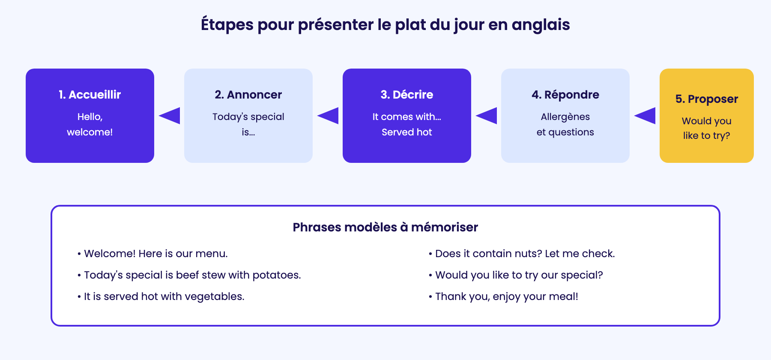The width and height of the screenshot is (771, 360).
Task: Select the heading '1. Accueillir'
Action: coord(90,95)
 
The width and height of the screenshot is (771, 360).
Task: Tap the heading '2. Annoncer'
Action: coord(248,95)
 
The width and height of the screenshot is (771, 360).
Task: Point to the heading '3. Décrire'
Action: coord(407,95)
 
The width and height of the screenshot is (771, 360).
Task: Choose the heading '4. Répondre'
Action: coord(565,95)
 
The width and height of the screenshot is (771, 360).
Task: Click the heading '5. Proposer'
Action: coord(707,99)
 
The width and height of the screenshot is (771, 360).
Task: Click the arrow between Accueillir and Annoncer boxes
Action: coord(169,116)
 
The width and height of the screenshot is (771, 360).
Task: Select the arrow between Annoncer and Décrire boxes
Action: coord(328,116)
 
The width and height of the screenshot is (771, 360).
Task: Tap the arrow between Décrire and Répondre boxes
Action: coord(486,116)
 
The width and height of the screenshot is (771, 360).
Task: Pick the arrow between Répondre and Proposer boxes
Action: coord(645,116)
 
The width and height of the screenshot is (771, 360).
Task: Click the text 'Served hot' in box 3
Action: coord(407,132)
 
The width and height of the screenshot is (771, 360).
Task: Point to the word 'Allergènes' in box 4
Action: coord(565,117)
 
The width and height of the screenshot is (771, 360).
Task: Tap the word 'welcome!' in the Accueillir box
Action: coord(90,132)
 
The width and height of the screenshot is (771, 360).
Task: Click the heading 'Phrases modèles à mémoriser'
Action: coord(385,227)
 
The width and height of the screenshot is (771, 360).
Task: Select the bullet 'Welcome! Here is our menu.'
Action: coord(152,254)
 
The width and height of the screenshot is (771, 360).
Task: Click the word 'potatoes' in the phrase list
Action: coord(277,275)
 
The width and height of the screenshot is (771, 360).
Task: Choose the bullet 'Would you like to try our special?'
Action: coord(516,275)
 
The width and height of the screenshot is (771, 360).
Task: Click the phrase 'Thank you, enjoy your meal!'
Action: coord(507,297)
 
